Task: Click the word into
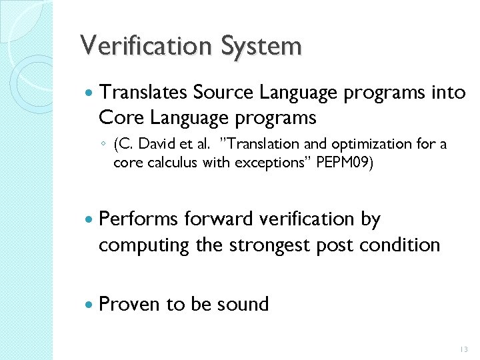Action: pyautogui.click(x=449, y=93)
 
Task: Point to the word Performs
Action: pyautogui.click(x=138, y=219)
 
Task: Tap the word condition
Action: pyautogui.click(x=400, y=245)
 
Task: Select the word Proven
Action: pyautogui.click(x=129, y=304)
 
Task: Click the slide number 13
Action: pyautogui.click(x=464, y=349)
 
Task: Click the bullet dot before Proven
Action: pyautogui.click(x=89, y=305)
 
